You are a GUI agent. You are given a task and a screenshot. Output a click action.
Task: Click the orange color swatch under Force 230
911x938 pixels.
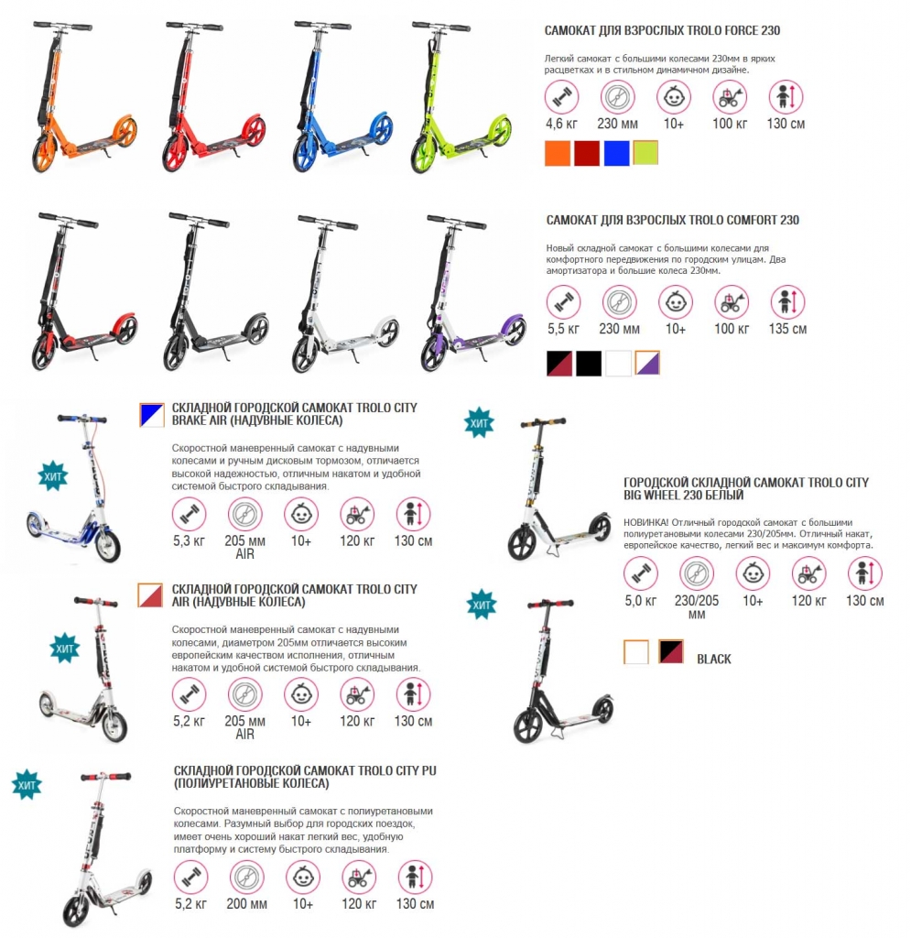point(557,153)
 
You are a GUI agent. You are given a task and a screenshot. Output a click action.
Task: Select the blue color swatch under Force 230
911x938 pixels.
point(616,153)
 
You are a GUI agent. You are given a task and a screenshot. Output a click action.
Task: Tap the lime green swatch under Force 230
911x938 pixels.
point(645,153)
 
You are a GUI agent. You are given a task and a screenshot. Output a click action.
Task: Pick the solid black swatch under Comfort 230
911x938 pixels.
point(589,363)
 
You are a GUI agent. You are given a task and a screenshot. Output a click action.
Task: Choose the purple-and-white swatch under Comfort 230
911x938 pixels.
point(647,363)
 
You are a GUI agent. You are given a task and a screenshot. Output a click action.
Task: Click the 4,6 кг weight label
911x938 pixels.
point(561,124)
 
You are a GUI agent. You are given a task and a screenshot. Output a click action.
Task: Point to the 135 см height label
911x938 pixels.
point(788,329)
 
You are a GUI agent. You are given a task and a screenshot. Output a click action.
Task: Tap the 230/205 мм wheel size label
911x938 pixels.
point(697,606)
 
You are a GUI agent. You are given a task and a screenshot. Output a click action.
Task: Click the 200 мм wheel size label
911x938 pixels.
point(246,904)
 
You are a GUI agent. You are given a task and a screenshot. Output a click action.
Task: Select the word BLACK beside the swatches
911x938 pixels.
point(714,660)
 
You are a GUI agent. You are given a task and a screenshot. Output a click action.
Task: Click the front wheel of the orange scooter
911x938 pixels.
point(44,156)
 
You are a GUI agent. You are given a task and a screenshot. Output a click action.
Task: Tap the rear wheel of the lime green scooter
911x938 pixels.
point(501,130)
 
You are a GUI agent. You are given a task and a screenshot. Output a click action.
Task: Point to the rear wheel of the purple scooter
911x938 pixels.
point(514,330)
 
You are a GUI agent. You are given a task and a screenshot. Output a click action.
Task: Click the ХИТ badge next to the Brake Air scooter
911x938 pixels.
point(52,476)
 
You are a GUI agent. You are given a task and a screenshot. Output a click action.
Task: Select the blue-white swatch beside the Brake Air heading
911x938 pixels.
point(152,415)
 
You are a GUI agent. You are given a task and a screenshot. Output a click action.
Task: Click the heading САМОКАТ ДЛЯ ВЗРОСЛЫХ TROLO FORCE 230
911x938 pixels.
point(662,30)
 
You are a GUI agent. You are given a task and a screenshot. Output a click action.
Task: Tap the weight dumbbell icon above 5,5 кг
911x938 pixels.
point(563,302)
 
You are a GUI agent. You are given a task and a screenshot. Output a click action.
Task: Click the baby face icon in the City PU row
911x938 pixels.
point(303,878)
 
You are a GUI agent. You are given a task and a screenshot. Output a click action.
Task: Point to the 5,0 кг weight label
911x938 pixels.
point(640,601)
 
